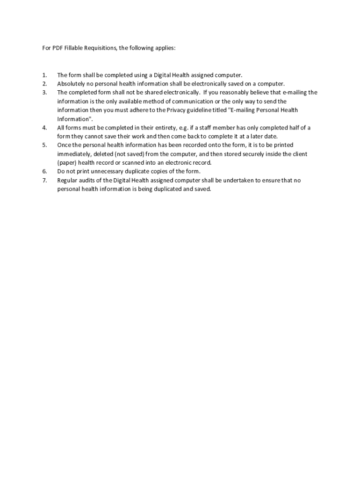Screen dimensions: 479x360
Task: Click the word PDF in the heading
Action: tap(58, 48)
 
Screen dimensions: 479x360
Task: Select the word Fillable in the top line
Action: tap(75, 48)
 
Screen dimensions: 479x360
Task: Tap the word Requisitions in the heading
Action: tap(101, 48)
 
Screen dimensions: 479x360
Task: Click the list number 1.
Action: tap(44, 75)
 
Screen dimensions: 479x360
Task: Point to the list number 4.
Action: tap(44, 128)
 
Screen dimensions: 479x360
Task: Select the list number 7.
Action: tap(44, 180)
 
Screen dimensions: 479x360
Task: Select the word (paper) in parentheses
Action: tap(67, 163)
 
